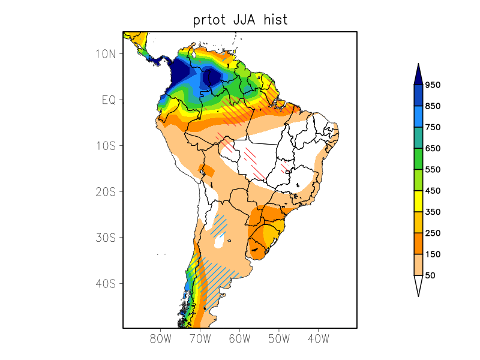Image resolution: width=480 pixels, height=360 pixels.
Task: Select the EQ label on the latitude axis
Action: pyautogui.click(x=108, y=100)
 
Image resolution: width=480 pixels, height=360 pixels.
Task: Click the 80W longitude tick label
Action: pyautogui.click(x=161, y=338)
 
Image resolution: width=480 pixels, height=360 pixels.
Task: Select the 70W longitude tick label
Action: pyautogui.click(x=200, y=338)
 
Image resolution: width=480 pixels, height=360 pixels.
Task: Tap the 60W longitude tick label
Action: pyautogui.click(x=239, y=338)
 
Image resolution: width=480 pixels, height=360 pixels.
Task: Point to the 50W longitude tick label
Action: pyautogui.click(x=279, y=338)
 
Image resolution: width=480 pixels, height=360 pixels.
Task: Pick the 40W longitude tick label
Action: pyautogui.click(x=318, y=338)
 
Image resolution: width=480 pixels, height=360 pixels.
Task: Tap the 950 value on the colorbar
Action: pyautogui.click(x=433, y=85)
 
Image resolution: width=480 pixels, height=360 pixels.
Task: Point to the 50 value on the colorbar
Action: pyautogui.click(x=430, y=275)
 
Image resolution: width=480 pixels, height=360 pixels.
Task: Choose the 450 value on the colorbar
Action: pyautogui.click(x=433, y=191)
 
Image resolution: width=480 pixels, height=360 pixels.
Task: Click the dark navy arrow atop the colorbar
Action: pyautogui.click(x=418, y=74)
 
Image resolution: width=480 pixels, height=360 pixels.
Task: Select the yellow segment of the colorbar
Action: pyautogui.click(x=418, y=202)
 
